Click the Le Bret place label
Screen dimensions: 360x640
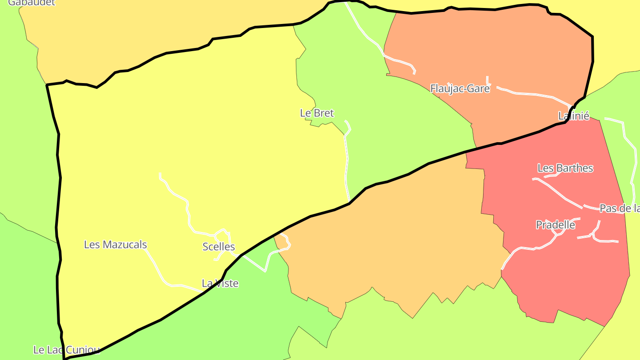(317, 113)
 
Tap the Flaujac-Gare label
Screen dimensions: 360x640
(460, 88)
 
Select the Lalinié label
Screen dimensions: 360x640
(574, 116)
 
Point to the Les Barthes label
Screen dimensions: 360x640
(565, 168)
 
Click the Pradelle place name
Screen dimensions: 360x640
(556, 225)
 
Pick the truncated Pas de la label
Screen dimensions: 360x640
(619, 208)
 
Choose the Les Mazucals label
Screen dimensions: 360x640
(116, 244)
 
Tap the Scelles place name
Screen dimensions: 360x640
(219, 247)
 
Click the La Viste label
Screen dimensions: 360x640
(220, 283)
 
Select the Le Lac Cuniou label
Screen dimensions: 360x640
(66, 350)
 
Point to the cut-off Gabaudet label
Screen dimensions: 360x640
(31, 3)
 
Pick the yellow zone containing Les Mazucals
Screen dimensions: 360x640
(178, 133)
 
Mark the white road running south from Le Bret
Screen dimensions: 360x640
(347, 164)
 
